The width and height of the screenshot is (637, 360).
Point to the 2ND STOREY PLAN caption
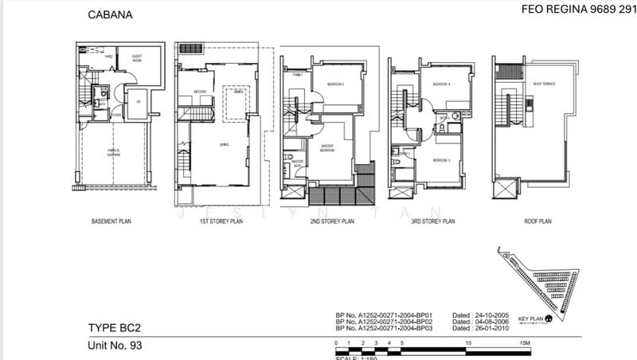click(331, 222)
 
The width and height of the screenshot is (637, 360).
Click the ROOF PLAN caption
click(538, 222)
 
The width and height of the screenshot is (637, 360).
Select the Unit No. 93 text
click(118, 345)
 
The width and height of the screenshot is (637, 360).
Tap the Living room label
click(213, 145)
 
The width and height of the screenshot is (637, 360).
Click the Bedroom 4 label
click(442, 84)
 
